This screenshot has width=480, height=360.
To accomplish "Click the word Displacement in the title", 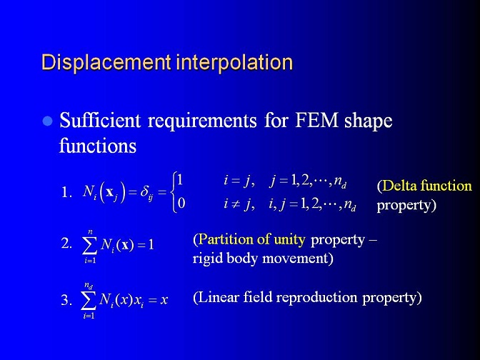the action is click(106, 62).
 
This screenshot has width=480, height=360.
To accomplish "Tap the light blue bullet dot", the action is click(47, 121).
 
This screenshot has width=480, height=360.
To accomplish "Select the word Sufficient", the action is click(100, 120).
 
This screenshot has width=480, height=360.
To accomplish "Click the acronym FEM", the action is click(316, 120).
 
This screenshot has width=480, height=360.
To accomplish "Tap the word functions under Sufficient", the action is click(98, 145).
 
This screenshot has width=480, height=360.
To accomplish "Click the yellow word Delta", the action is click(399, 186).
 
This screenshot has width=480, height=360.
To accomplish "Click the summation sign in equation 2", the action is click(90, 246).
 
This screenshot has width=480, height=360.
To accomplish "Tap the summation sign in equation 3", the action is click(88, 301).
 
